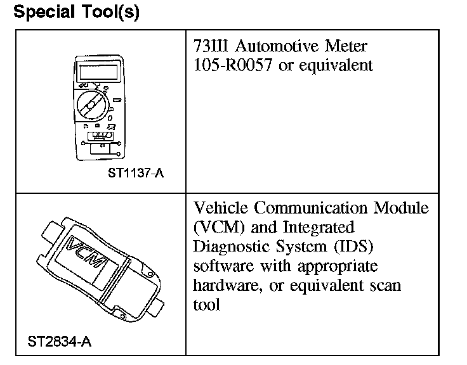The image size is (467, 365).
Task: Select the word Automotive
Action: [279, 47]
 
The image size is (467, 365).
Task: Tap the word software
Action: [222, 265]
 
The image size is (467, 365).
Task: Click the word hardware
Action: [224, 285]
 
